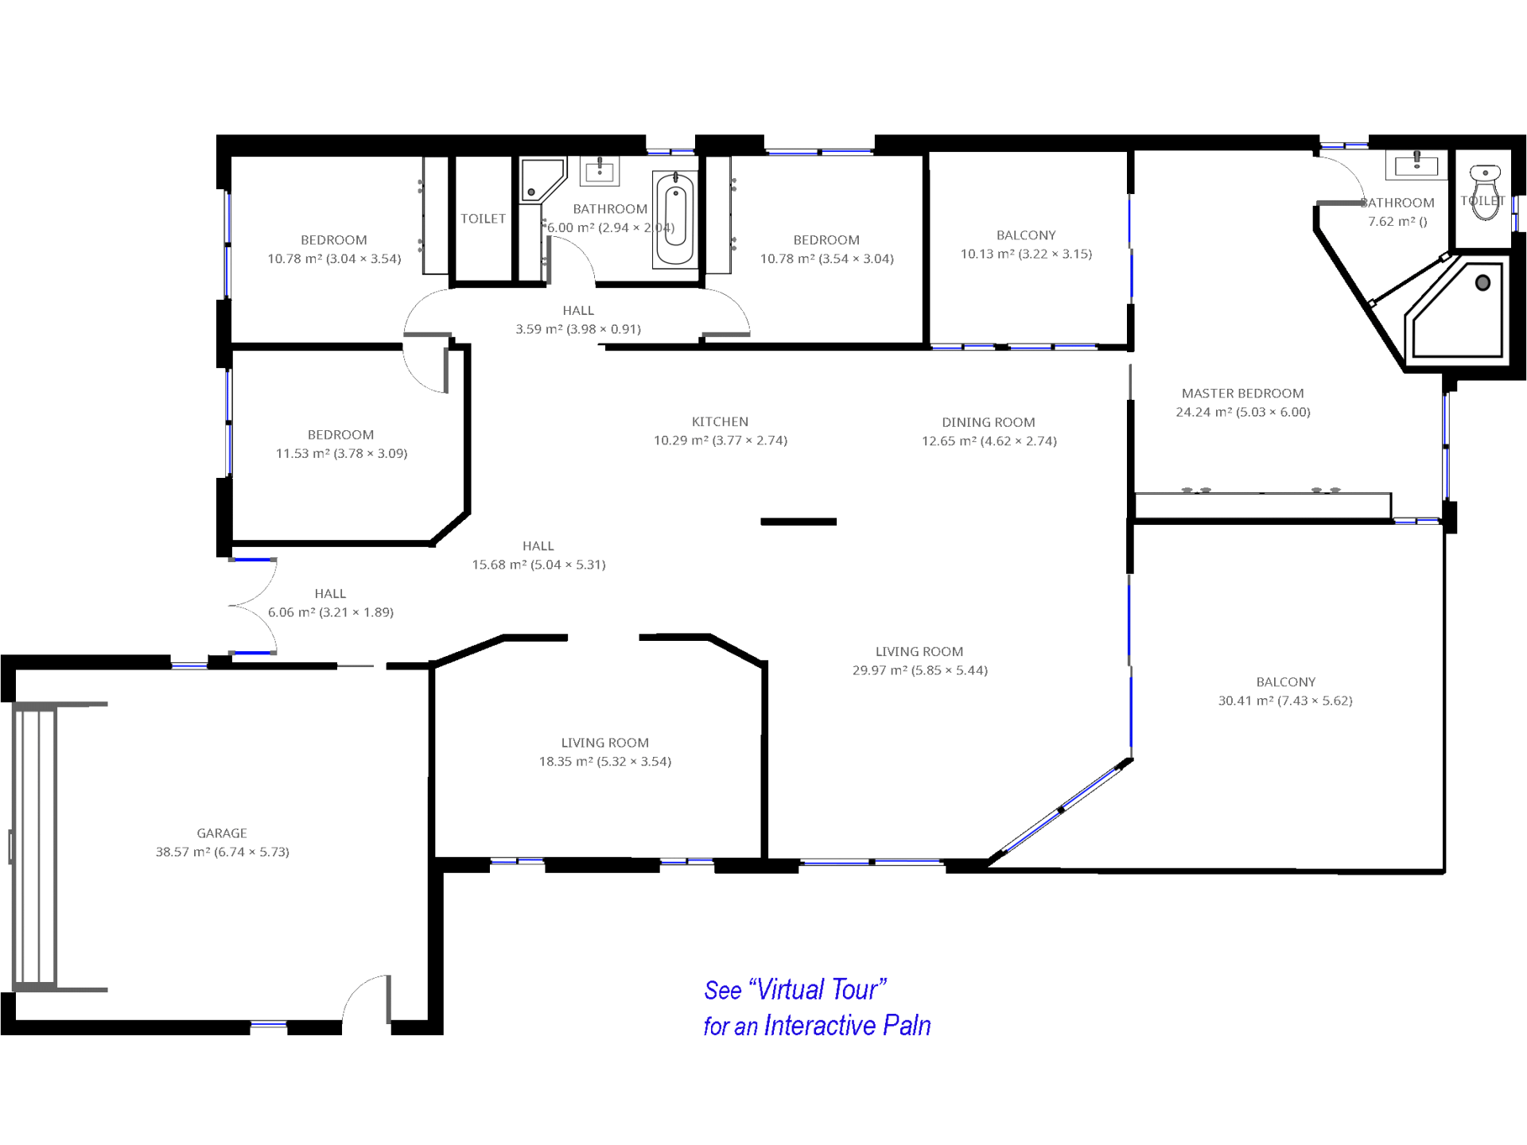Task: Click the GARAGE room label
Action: click(222, 833)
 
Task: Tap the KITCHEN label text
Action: click(720, 421)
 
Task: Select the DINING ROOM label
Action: click(989, 422)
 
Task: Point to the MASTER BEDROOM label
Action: click(1242, 393)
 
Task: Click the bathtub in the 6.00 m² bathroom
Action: click(675, 219)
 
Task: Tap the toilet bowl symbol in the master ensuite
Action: click(1484, 191)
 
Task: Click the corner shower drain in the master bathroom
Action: click(1482, 283)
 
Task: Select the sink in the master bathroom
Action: click(1416, 164)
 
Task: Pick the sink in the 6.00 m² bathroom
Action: click(600, 170)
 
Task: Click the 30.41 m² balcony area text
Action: click(1285, 701)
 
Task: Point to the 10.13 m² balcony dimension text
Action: click(1026, 254)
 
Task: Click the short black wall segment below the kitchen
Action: click(798, 522)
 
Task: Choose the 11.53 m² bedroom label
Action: click(341, 444)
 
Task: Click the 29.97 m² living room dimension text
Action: click(920, 670)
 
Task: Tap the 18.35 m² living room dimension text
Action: click(605, 761)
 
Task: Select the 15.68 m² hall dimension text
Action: click(538, 565)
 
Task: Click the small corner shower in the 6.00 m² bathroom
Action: click(542, 180)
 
